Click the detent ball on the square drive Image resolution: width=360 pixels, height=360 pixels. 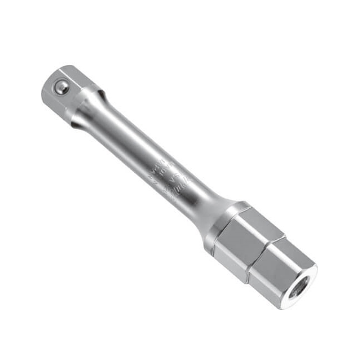click(x=63, y=86)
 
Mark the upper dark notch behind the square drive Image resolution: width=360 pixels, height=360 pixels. click(x=99, y=88)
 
